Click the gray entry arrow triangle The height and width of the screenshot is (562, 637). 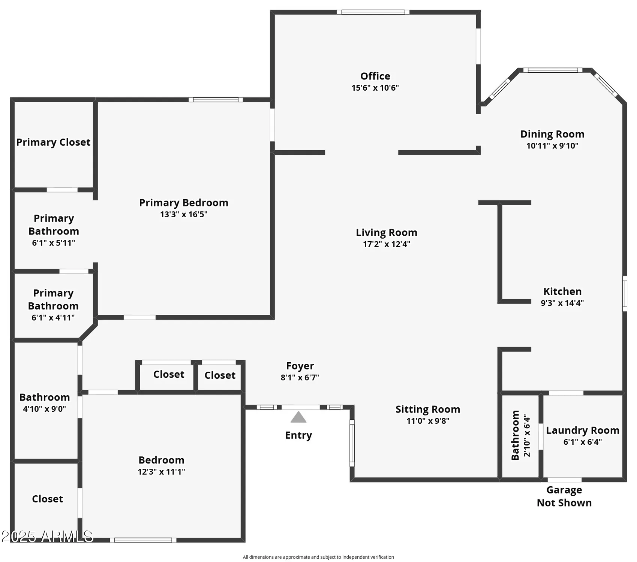point(298,417)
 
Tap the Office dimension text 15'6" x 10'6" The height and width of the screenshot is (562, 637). point(375,88)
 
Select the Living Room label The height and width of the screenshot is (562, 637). point(387,233)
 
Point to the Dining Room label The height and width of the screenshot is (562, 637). point(552,134)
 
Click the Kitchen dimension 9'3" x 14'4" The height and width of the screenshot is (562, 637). point(562,303)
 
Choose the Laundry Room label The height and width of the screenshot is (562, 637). point(582,430)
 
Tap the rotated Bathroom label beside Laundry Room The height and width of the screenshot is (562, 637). point(516,435)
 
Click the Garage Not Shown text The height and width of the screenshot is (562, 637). point(564,496)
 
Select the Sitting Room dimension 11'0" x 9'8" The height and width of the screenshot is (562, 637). point(428,421)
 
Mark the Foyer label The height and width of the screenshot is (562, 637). point(300,366)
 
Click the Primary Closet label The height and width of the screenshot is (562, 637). point(53,142)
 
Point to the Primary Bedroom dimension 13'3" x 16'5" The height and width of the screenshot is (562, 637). point(184,215)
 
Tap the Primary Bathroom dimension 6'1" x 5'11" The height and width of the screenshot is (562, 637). point(53,243)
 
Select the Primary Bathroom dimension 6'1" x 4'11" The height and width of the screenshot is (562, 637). point(53,318)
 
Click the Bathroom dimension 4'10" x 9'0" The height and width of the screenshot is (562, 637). point(44,409)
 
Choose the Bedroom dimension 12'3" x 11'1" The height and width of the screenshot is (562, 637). point(161,472)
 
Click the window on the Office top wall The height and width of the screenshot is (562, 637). point(373,12)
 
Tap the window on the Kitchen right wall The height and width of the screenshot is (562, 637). point(625,294)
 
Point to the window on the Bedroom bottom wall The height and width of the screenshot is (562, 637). point(143,540)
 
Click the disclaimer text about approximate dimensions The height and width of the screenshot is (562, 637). point(318,557)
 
